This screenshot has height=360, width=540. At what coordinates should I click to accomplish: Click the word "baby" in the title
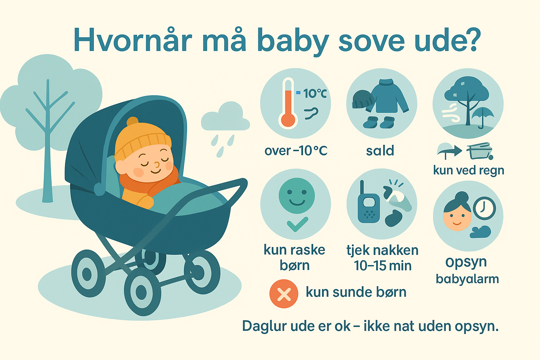[292, 40]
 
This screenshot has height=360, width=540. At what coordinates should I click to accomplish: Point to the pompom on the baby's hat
[133, 122]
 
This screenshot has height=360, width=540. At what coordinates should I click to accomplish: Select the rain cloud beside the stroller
[225, 118]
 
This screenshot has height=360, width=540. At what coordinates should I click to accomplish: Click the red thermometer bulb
[288, 120]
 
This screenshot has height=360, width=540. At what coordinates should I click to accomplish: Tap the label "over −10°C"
[296, 151]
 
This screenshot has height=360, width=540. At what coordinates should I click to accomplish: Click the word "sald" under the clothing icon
[380, 151]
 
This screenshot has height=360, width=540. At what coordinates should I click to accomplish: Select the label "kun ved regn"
[468, 171]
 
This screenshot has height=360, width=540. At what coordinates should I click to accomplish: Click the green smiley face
[297, 196]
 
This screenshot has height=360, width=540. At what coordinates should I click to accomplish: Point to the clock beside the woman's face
[484, 208]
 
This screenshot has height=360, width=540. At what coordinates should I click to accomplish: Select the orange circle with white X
[284, 294]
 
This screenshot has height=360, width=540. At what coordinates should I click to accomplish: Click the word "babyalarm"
[467, 279]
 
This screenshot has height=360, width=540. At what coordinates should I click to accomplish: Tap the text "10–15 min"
[382, 266]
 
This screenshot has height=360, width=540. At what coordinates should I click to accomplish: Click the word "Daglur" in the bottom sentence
[264, 326]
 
